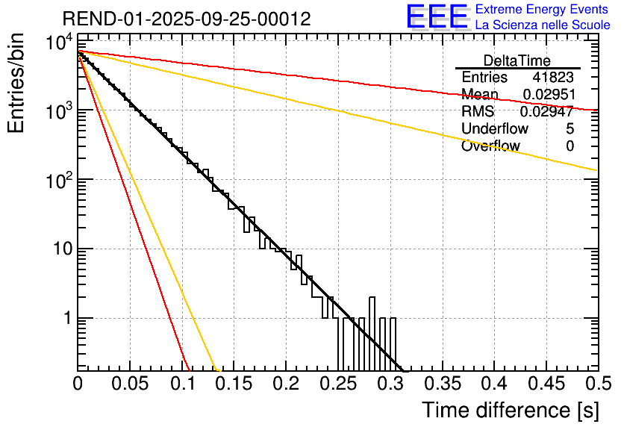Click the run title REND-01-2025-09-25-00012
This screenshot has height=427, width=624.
pyautogui.click(x=187, y=19)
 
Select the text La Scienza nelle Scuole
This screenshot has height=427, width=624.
pyautogui.click(x=543, y=25)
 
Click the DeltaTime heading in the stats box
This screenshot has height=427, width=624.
pyautogui.click(x=517, y=60)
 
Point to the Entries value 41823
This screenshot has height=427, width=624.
pyautogui.click(x=553, y=78)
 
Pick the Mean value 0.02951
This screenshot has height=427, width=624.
pyautogui.click(x=548, y=95)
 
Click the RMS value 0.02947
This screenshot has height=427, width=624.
pyautogui.click(x=548, y=112)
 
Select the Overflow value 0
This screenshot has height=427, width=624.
pyautogui.click(x=570, y=146)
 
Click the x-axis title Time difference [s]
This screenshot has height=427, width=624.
pyautogui.click(x=510, y=410)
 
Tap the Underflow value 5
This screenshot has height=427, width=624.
pyautogui.click(x=570, y=129)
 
